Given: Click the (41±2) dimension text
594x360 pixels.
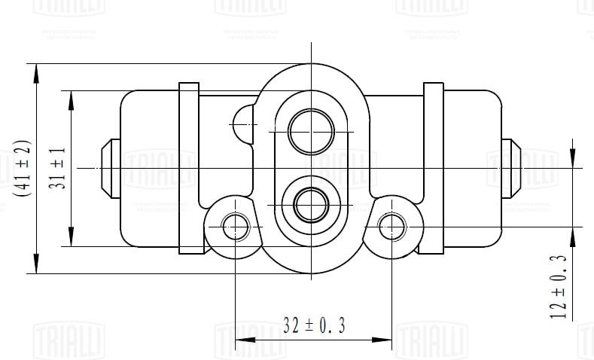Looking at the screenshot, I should tap(20, 168).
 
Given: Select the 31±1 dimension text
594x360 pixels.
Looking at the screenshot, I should tap(57, 168).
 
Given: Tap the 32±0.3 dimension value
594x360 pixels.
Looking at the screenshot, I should tap(314, 325).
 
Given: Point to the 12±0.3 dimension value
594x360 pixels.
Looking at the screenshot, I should tap(558, 287).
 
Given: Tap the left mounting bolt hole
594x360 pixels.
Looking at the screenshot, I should tap(237, 224).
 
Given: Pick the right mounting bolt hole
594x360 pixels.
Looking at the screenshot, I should tap(392, 224).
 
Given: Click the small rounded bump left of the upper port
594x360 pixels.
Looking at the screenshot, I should tap(244, 123).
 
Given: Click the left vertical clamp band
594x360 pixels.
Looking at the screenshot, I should tap(188, 167).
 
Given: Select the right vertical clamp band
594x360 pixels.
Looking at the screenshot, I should tap(434, 167).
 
